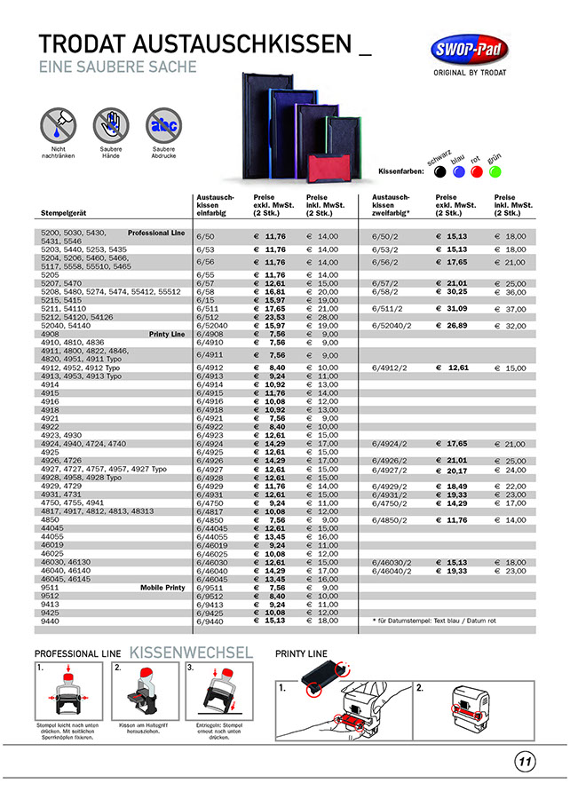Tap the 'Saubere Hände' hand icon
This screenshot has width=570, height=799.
111,124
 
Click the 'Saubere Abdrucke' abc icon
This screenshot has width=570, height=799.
162,124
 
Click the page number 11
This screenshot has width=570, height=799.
524,761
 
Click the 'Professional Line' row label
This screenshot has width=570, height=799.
156,233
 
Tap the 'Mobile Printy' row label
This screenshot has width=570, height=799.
162,588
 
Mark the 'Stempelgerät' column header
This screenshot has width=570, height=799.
63,213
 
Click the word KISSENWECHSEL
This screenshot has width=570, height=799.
191,653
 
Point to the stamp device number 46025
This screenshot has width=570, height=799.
52,554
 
